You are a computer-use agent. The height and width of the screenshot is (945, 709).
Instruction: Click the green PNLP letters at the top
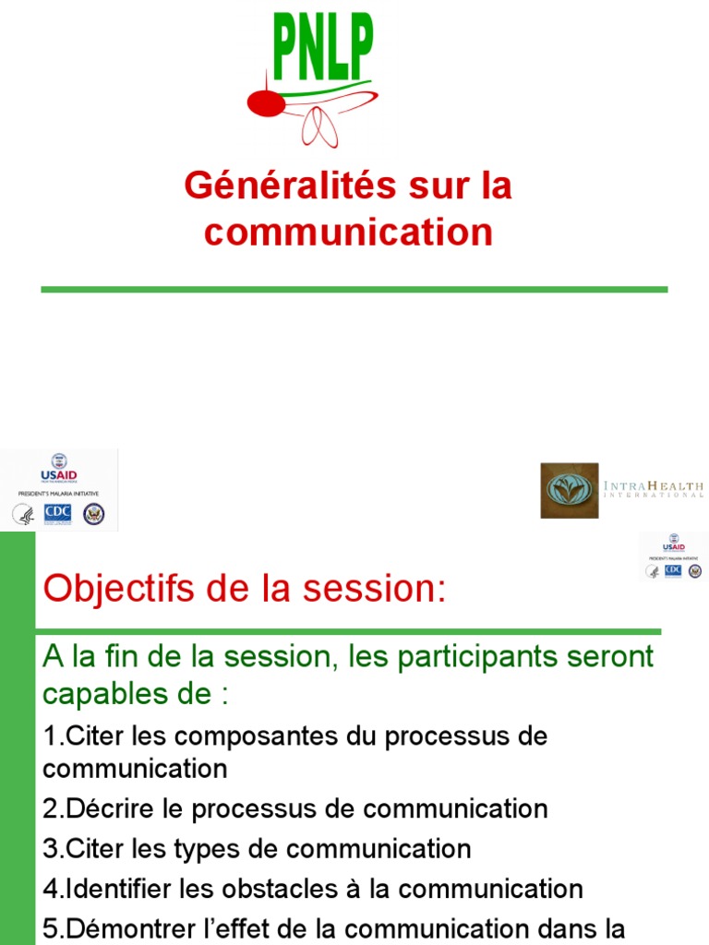coord(322,46)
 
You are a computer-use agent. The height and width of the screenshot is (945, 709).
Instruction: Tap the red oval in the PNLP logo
coord(266,103)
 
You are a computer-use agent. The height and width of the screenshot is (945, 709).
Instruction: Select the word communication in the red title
coord(348,232)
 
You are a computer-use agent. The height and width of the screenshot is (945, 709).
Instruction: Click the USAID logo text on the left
coord(58,475)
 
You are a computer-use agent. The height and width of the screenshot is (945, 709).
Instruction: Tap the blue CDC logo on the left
coord(57,513)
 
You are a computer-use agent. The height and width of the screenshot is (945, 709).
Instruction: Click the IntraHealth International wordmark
coord(654,488)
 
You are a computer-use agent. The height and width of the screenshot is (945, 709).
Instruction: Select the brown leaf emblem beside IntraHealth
coord(569,490)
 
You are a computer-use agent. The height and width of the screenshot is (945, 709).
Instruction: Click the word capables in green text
coord(101,693)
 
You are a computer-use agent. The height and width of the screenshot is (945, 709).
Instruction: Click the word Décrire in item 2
coord(97,809)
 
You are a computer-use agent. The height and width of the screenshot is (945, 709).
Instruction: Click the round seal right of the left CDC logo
coord(93,514)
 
